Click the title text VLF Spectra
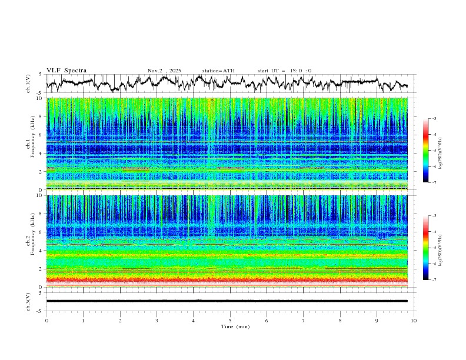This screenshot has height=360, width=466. point(66,71)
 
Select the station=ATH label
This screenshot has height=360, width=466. point(218,71)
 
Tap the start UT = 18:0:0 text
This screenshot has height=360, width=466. point(284,71)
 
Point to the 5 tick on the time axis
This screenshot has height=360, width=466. point(230,320)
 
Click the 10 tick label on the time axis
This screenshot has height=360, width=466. point(414,320)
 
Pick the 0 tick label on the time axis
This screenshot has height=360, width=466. point(46,320)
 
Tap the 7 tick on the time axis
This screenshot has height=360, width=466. point(304,320)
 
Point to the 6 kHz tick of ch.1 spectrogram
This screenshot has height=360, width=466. point(40,135)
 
